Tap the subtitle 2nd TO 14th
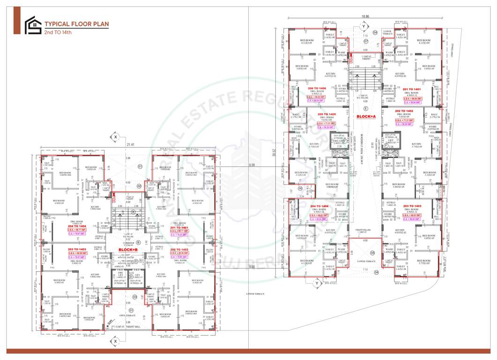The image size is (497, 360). click(58, 33)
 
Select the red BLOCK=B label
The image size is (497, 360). click(127, 250)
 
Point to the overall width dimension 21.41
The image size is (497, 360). click(129, 145)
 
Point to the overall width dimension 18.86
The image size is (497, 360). click(365, 16)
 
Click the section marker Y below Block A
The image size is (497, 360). click(317, 283)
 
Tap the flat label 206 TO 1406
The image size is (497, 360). click(317, 89)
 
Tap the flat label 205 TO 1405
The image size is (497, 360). click(326, 114)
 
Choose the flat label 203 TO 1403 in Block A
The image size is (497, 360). click(413, 206)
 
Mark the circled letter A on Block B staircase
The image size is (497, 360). click(134, 211)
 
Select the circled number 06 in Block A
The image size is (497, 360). click(300, 188)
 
